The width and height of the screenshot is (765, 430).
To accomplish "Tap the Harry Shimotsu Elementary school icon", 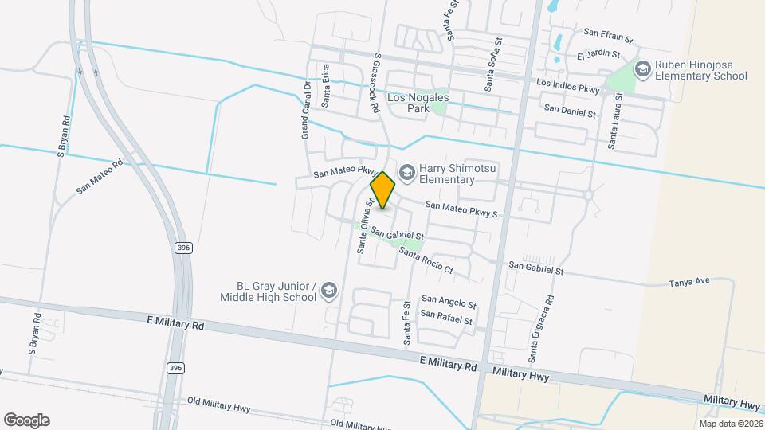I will click(407, 172).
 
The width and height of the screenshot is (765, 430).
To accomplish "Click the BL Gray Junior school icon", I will click(328, 292).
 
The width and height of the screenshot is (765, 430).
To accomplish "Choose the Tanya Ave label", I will click(689, 283).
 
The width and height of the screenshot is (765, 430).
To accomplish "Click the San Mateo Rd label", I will click(100, 176).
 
